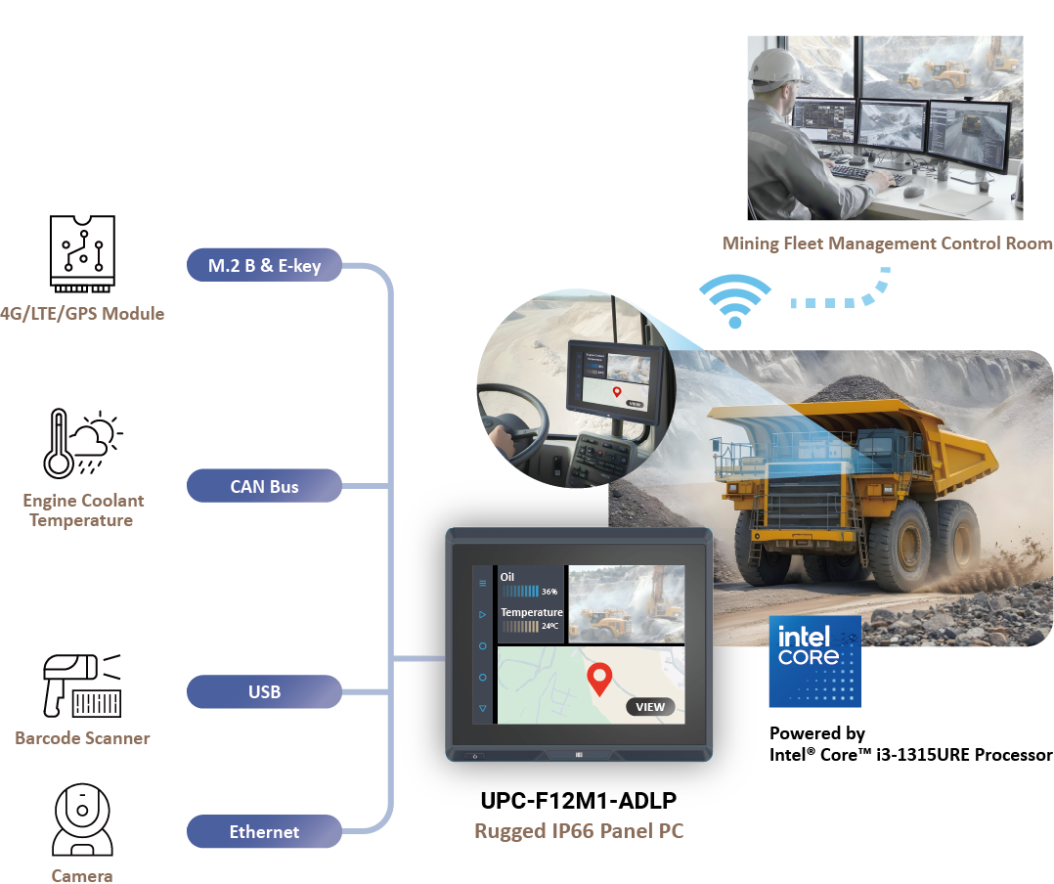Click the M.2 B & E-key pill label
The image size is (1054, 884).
coord(264,265)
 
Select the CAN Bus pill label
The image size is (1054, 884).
coord(264,486)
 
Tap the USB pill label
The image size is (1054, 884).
coord(264,692)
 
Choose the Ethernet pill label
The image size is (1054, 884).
coord(264,832)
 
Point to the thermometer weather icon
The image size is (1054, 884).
coord(82,443)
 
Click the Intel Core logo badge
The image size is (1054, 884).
coord(815,661)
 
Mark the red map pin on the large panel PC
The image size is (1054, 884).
coord(598,678)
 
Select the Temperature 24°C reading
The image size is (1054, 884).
coord(531,619)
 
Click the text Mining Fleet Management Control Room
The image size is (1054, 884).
coord(887,243)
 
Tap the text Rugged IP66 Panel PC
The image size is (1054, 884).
coord(578,832)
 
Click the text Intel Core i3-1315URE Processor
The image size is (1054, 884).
coord(910,755)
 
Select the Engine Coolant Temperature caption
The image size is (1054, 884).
coord(83,510)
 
